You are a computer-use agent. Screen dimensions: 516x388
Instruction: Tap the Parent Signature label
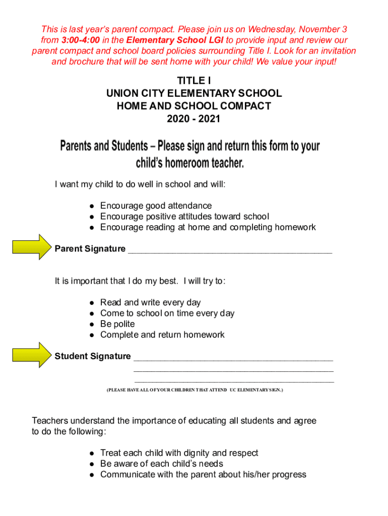[x=90, y=248]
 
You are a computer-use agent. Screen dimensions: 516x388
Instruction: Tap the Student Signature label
[x=93, y=356]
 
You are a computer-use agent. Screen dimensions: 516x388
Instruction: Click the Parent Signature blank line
[x=230, y=251]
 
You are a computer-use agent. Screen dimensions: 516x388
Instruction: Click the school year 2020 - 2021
[x=194, y=119]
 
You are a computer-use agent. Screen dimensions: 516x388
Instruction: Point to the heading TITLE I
[x=194, y=81]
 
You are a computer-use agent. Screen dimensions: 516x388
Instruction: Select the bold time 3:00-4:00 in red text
[x=81, y=40]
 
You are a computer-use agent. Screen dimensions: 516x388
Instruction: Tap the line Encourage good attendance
[x=156, y=206]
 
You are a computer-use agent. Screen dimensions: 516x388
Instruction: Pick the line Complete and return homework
[x=162, y=335]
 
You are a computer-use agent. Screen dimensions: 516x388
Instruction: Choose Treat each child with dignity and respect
[x=179, y=453]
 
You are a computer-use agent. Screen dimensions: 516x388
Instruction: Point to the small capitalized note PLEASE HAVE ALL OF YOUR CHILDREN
[x=195, y=390]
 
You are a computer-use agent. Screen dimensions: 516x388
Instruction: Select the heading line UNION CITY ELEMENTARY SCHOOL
[x=194, y=93]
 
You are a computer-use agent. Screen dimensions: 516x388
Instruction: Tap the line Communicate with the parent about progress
[x=203, y=474]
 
